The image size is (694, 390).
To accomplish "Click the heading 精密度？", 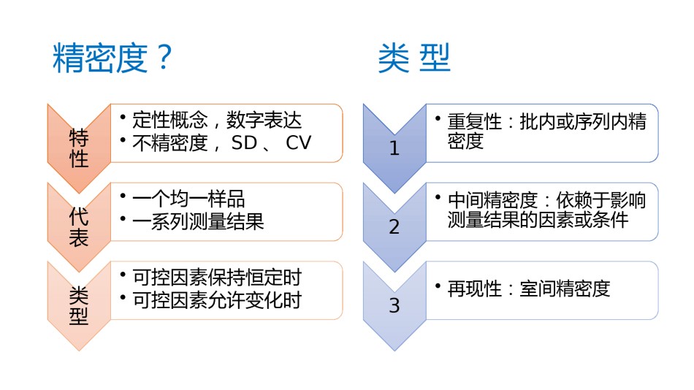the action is (x=113, y=58).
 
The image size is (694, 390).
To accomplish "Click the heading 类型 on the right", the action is (x=414, y=58).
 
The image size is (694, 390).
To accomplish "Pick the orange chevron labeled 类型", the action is (x=79, y=306).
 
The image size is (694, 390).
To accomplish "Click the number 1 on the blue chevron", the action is (x=394, y=148).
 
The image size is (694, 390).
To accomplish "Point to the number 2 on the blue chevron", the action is (x=394, y=227).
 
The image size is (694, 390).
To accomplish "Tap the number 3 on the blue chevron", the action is (x=394, y=305).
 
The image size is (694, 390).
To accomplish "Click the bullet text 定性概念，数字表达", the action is (x=217, y=120).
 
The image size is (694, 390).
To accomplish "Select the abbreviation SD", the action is (x=244, y=142).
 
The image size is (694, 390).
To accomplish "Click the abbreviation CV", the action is (x=299, y=142).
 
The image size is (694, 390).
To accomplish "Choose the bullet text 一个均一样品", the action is (x=188, y=199).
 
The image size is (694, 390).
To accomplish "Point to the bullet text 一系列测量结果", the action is (x=198, y=221).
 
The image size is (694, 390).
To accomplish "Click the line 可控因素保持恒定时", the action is (x=217, y=278).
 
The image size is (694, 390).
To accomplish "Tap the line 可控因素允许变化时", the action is (x=217, y=300).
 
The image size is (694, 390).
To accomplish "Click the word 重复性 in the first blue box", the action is (x=474, y=122).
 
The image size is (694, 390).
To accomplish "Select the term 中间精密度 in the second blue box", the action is (x=492, y=200).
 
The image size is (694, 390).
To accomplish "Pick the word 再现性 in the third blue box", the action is (x=474, y=288).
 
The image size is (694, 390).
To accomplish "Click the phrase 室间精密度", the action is (x=565, y=288).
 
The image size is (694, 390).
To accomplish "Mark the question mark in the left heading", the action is (x=164, y=58).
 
